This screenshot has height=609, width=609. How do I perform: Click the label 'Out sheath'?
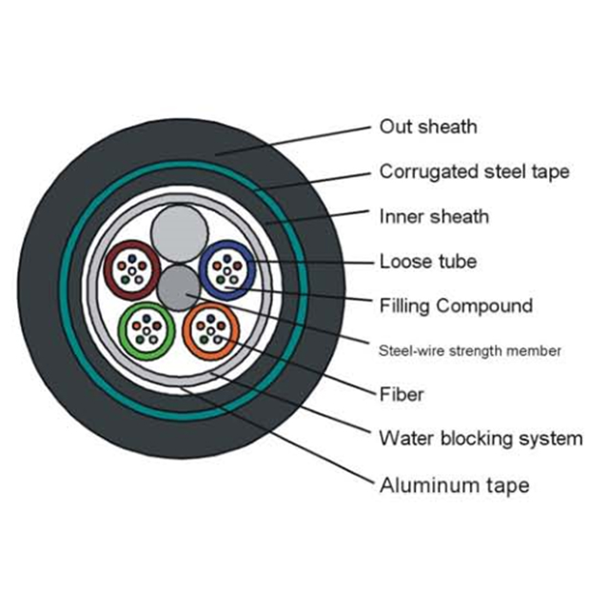click(x=427, y=127)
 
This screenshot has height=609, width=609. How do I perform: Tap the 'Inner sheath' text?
click(x=433, y=217)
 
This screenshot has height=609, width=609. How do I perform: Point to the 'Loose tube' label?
click(x=427, y=261)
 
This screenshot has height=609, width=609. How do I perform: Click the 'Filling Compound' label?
click(x=455, y=306)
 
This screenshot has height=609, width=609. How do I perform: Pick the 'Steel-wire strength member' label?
click(x=469, y=351)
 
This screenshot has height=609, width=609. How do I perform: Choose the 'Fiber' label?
click(x=401, y=394)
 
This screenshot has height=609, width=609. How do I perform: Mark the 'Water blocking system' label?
click(x=480, y=439)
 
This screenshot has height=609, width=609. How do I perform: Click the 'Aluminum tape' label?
click(x=453, y=485)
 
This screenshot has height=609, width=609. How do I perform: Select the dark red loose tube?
click(x=130, y=269)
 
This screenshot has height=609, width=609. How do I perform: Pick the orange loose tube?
click(x=210, y=329)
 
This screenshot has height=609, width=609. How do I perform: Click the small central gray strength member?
click(x=178, y=286)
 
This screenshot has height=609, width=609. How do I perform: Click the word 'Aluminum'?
click(x=420, y=485)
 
